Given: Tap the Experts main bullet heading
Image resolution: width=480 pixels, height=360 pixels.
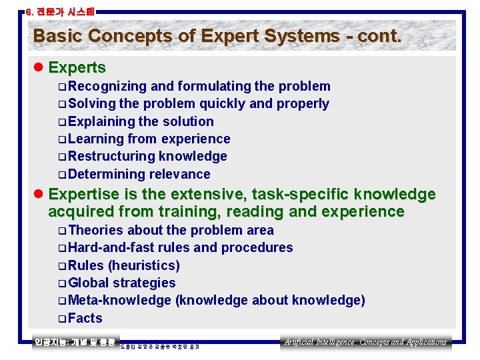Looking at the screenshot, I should coord(77,67).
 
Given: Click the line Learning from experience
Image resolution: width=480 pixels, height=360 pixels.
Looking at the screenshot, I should coord(149,139).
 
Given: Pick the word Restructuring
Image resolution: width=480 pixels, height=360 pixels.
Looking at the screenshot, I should coord(111,156).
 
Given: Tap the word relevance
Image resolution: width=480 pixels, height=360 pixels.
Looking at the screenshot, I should coord(179,174).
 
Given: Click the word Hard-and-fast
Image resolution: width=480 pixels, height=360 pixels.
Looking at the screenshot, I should coord(111,247).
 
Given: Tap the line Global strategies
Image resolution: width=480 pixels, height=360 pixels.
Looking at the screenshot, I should coord(121,283).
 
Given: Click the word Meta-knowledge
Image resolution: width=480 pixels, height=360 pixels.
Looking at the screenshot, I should coord(119,300).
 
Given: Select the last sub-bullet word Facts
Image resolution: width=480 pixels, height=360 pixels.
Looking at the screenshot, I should coord(85,318).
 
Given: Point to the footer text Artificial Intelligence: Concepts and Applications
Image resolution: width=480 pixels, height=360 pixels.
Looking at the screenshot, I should coord(365,342).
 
